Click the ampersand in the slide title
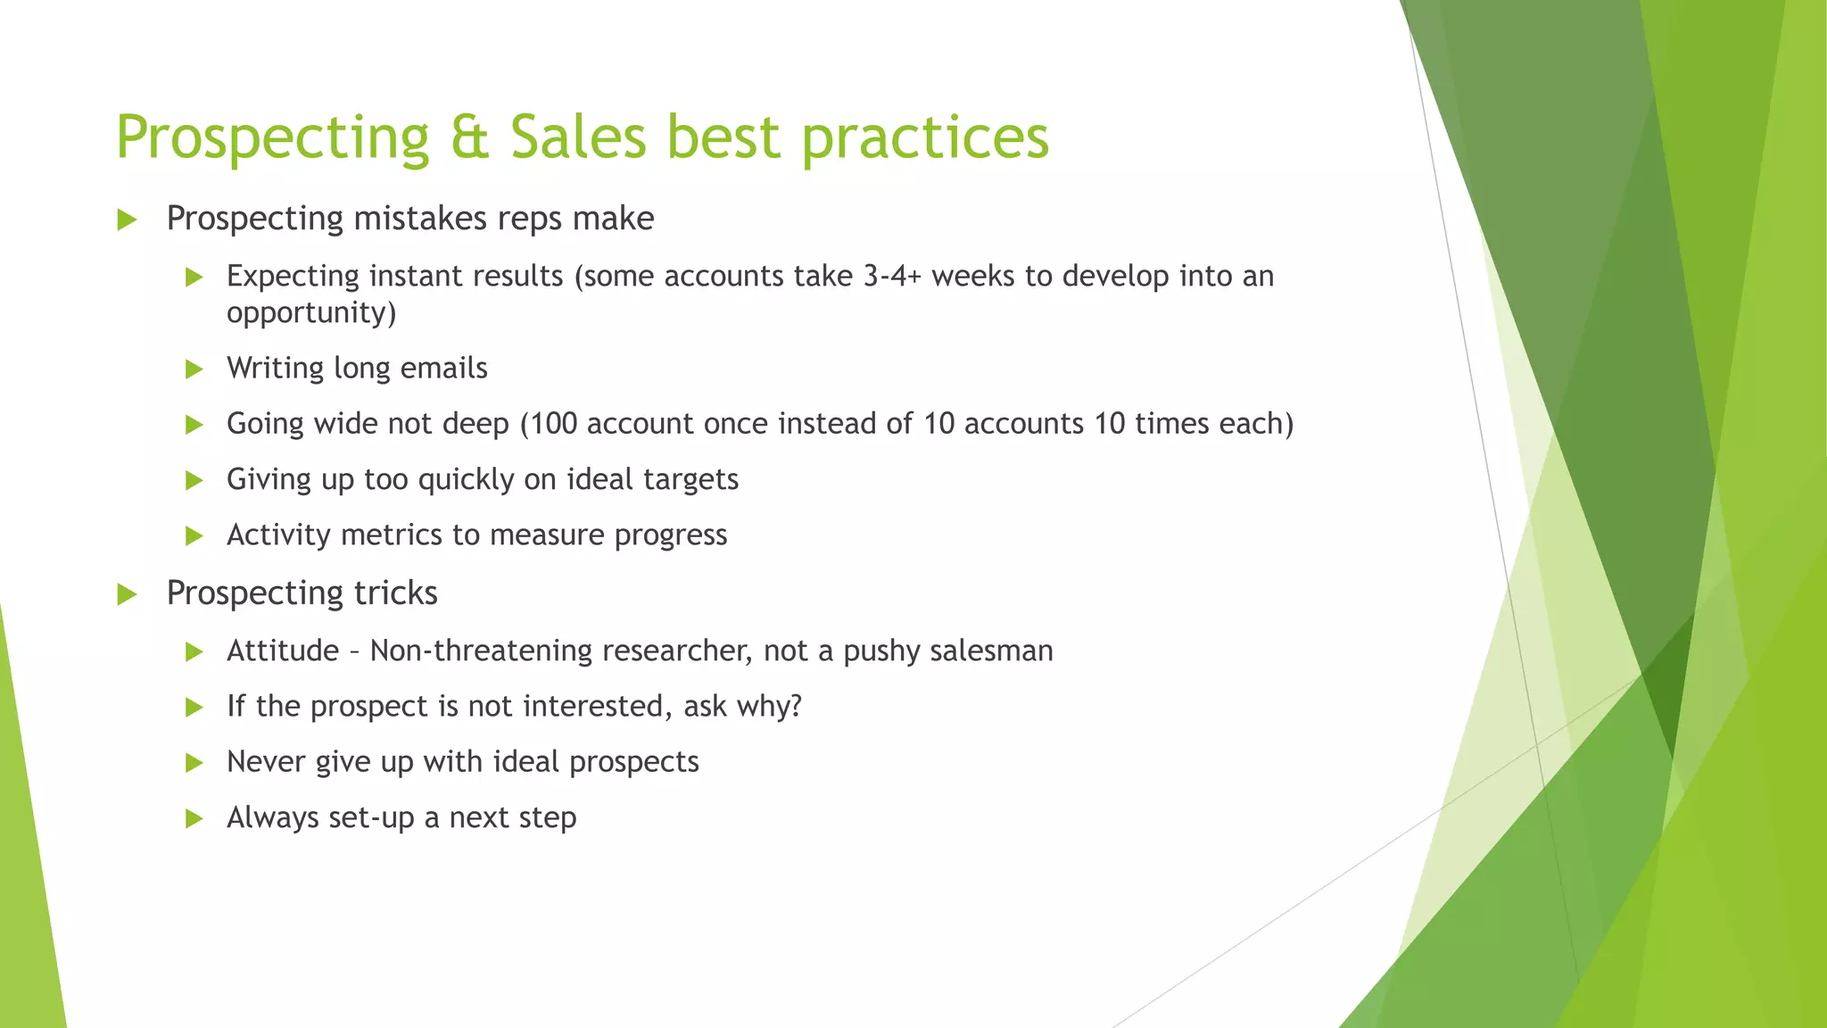(x=470, y=138)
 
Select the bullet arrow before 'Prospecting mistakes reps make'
(x=127, y=220)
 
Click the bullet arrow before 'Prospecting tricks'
(x=127, y=594)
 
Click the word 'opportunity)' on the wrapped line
(x=311, y=313)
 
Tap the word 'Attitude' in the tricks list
(x=283, y=651)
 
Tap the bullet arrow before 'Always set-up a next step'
(x=194, y=818)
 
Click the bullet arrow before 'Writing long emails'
(x=194, y=369)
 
